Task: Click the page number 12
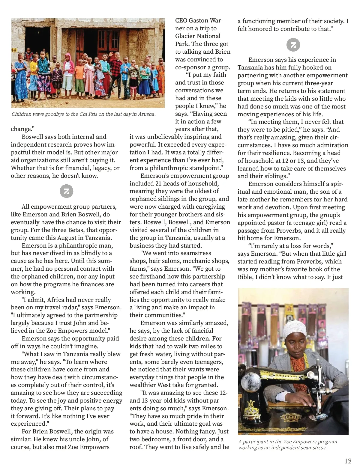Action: (x=348, y=461)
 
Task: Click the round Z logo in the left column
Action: (x=66, y=192)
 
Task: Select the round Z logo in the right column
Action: (x=293, y=45)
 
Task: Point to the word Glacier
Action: (x=186, y=36)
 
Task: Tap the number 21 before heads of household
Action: (x=159, y=183)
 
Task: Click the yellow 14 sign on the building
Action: (x=14, y=50)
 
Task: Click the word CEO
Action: (x=181, y=20)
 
